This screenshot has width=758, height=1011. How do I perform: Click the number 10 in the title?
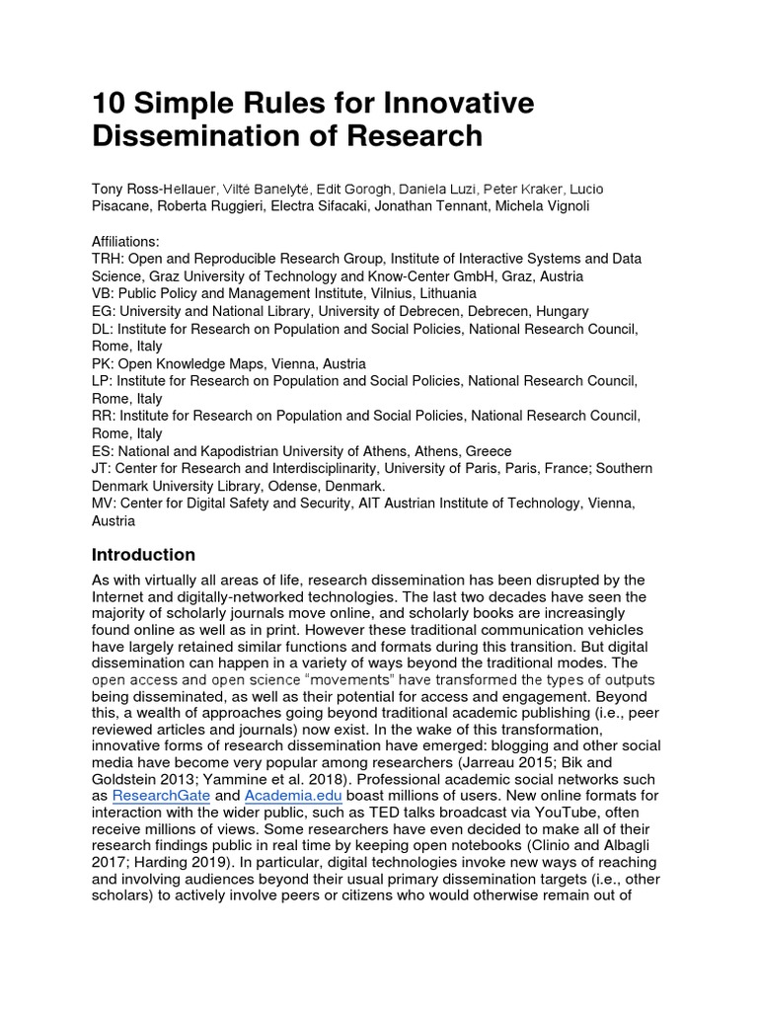pos(108,104)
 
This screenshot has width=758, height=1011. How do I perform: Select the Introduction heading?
pos(143,555)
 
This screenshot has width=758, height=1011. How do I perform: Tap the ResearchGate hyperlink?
pos(161,796)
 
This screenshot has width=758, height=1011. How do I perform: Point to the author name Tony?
pos(111,189)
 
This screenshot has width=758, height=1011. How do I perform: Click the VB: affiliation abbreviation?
pos(104,294)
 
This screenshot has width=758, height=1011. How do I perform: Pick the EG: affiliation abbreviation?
pos(104,311)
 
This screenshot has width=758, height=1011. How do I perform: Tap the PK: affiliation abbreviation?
pos(104,364)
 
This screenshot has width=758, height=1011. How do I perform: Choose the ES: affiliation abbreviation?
pos(104,451)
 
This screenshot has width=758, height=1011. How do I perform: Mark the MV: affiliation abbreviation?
pos(105,505)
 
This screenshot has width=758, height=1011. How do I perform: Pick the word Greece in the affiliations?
pos(486,451)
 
